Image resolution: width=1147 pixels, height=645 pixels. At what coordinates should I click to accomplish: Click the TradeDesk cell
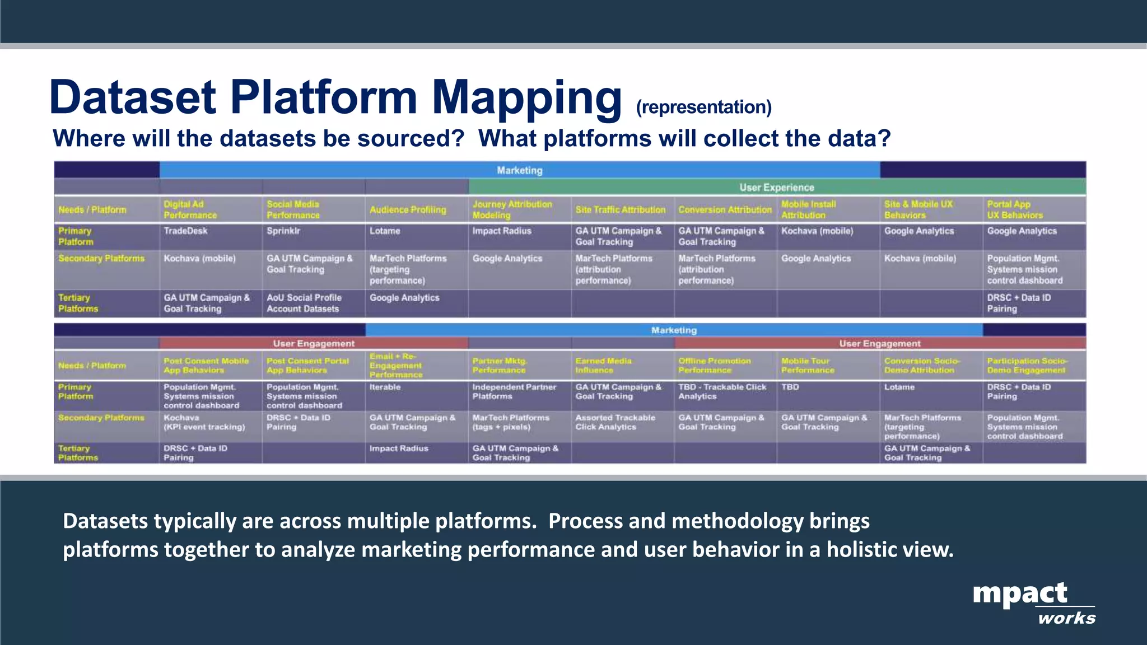click(x=185, y=231)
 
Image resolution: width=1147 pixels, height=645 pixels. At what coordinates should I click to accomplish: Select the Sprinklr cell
click(x=283, y=231)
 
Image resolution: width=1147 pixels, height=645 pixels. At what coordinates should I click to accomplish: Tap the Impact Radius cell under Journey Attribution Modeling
click(x=502, y=231)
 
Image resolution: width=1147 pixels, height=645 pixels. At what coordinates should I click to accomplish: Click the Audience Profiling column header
click(x=408, y=210)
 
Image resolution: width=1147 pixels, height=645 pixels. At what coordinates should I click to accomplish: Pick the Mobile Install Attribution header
click(x=808, y=210)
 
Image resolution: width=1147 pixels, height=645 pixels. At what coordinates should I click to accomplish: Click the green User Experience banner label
click(x=777, y=188)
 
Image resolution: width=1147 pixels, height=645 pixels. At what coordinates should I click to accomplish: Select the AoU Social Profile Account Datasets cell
click(x=304, y=303)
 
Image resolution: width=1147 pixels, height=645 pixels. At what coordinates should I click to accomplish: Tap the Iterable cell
click(x=385, y=387)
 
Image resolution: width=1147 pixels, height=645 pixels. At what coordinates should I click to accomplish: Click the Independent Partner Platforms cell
click(x=514, y=391)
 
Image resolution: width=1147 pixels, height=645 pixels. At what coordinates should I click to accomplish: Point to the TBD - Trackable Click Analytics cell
click(x=722, y=391)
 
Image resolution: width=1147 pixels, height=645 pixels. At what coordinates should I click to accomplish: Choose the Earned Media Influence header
click(x=603, y=366)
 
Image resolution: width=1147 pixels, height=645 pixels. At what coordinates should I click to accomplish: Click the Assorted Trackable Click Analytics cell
click(x=615, y=422)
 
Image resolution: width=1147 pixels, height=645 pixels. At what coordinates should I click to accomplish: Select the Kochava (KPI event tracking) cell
click(x=204, y=422)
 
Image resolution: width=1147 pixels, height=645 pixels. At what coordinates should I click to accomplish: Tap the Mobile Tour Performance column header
click(x=808, y=366)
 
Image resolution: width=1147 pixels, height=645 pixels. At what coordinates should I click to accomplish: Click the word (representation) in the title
click(x=703, y=107)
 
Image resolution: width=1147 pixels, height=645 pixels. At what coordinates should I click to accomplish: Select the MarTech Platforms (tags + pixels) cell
click(x=510, y=422)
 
